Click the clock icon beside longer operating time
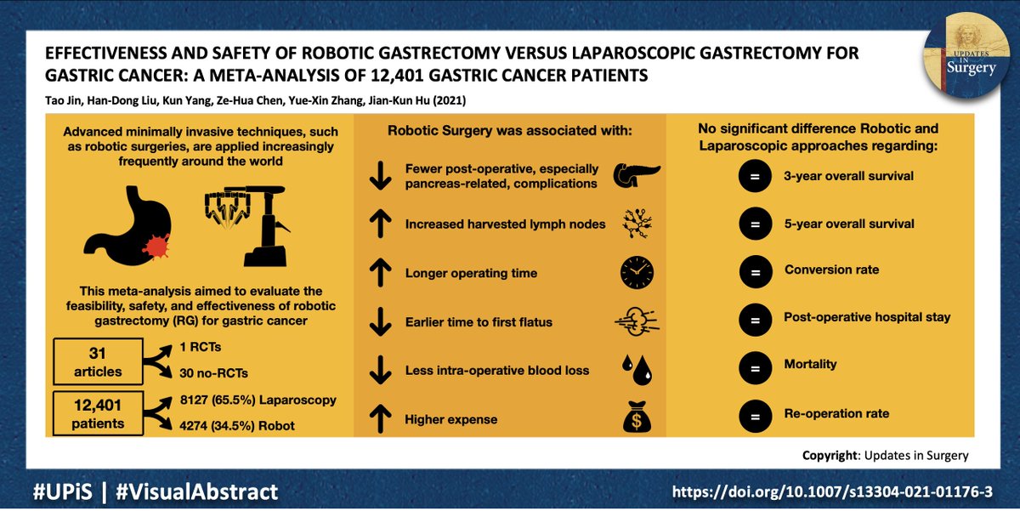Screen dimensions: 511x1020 pos(637,273)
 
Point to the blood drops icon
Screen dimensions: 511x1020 pos(637,371)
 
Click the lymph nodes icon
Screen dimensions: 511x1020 pos(637,224)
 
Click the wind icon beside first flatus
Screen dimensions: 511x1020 pos(637,323)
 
